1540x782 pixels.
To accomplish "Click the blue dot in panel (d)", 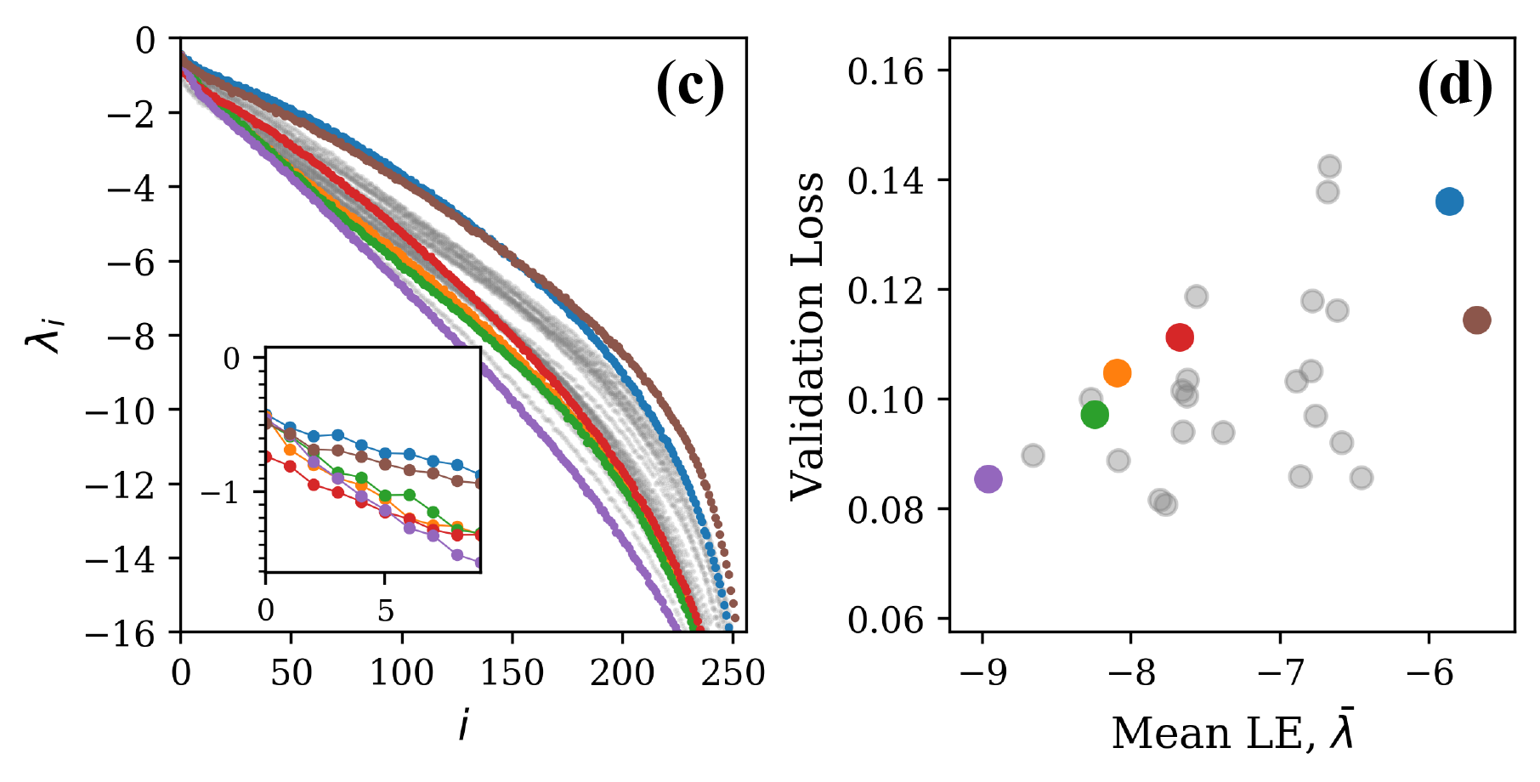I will [x=1449, y=201].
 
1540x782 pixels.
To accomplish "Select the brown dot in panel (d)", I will [x=1477, y=320].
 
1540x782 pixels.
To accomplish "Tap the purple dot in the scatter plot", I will [x=988, y=479].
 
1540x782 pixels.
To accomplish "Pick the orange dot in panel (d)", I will [x=1117, y=373].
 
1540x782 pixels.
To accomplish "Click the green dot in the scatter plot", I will [x=1095, y=415].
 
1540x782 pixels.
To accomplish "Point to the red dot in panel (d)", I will [x=1180, y=337].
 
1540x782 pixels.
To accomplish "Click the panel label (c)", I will [x=690, y=87].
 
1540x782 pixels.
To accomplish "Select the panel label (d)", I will [x=1454, y=87].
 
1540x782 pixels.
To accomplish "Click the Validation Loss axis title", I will [x=807, y=336].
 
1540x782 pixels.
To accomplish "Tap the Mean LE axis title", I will [x=1232, y=733].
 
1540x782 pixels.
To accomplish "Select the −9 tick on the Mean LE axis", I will [x=982, y=673].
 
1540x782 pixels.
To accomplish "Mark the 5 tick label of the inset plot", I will [x=386, y=610].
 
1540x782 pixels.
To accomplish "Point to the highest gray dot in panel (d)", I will [x=1330, y=167].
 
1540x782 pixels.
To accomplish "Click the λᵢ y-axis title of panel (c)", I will [x=44, y=333].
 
